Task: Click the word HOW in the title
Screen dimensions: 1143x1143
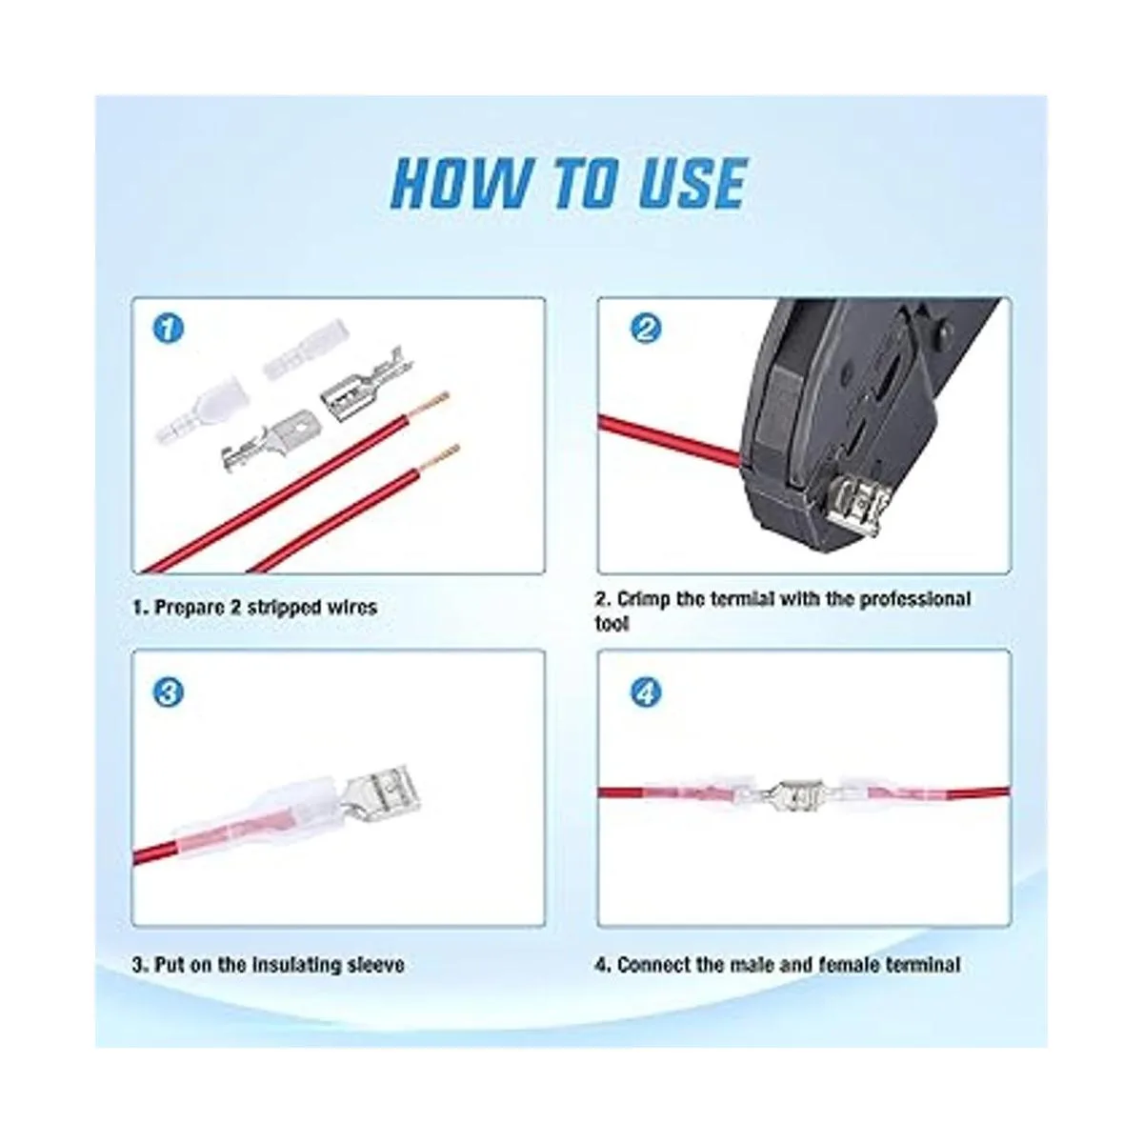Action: (x=460, y=183)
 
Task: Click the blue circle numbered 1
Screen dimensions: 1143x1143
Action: (x=169, y=329)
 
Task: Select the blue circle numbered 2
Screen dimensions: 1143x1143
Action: (x=646, y=329)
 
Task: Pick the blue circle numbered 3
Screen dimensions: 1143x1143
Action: (x=169, y=692)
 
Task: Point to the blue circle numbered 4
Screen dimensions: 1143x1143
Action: (x=646, y=692)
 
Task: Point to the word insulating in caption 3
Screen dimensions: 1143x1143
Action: (x=291, y=965)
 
